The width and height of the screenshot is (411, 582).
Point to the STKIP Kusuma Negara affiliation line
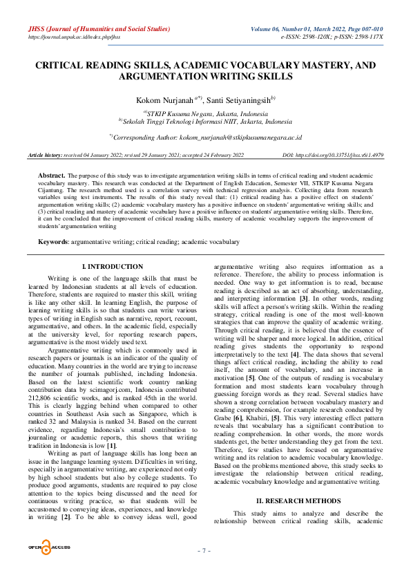coord(205,113)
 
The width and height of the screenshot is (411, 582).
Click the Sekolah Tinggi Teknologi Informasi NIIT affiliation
coord(205,122)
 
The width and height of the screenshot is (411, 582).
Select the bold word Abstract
coord(52,176)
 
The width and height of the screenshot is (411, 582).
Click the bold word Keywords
coord(52,242)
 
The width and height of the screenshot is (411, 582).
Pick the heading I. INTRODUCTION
coord(113,266)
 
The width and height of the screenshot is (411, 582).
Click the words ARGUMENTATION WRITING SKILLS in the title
coord(205,77)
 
